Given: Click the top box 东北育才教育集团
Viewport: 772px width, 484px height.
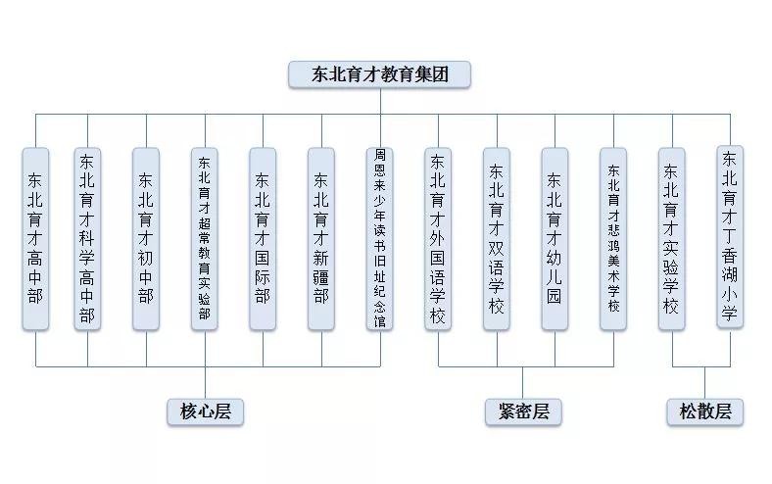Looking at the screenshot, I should [x=379, y=74].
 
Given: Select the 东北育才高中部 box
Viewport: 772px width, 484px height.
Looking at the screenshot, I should [x=35, y=238].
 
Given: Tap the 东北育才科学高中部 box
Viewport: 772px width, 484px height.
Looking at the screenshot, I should [x=87, y=238].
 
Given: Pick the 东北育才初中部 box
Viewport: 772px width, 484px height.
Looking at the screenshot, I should [x=146, y=238].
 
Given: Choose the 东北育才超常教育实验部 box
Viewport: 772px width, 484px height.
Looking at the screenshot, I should [x=205, y=238].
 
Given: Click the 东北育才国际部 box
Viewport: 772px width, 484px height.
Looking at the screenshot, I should [x=263, y=238].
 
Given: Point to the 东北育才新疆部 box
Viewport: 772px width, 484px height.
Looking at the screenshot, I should [x=321, y=238].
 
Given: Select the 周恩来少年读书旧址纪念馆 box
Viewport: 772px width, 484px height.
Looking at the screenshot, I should [x=380, y=238].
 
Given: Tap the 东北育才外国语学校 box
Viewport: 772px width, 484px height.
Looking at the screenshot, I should [x=438, y=238].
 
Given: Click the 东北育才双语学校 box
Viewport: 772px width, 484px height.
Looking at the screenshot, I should [x=497, y=238].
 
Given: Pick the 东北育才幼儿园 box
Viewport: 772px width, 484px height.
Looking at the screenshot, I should [x=555, y=238].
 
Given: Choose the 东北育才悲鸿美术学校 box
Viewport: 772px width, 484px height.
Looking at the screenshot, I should [x=613, y=238].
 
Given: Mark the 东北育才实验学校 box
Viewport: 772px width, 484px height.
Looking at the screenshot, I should [x=672, y=238].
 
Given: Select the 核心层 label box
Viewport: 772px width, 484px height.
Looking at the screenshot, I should [x=205, y=411].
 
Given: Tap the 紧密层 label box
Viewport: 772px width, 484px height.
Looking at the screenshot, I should [x=523, y=411].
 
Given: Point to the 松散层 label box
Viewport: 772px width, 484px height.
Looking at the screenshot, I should [x=705, y=411].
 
